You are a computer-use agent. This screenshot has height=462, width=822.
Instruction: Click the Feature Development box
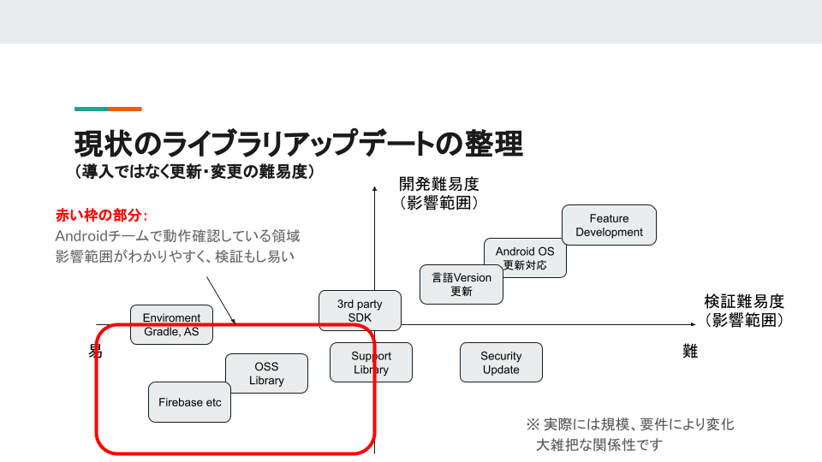pos(609,225)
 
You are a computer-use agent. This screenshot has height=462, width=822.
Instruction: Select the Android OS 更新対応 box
pos(525,258)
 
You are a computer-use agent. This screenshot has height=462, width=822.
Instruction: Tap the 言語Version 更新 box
pos(461,284)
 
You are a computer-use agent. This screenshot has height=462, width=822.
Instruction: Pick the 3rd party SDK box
pos(360,311)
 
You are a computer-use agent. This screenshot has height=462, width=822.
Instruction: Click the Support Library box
pos(371,363)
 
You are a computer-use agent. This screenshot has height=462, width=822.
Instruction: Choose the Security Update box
pos(501,363)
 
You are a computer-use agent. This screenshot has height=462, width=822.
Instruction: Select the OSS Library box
pos(266,374)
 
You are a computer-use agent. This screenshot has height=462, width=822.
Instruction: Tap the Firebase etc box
pos(190,402)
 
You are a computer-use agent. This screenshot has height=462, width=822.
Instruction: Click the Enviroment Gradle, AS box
pos(171,324)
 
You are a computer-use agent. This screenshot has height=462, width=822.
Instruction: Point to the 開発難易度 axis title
pos(438,184)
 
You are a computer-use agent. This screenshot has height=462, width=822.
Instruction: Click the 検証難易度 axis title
pos(744,302)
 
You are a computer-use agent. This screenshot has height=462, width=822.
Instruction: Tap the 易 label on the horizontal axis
pos(96,351)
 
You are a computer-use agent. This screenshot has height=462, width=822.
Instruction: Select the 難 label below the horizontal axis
pos(690,351)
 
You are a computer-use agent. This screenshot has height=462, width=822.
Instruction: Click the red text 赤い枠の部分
pos(100,214)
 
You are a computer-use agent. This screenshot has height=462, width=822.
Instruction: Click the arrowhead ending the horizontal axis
pos(694,324)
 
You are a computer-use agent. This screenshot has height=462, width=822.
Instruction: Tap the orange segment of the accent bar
pos(125,109)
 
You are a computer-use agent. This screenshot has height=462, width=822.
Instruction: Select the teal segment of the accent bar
pos(91,109)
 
